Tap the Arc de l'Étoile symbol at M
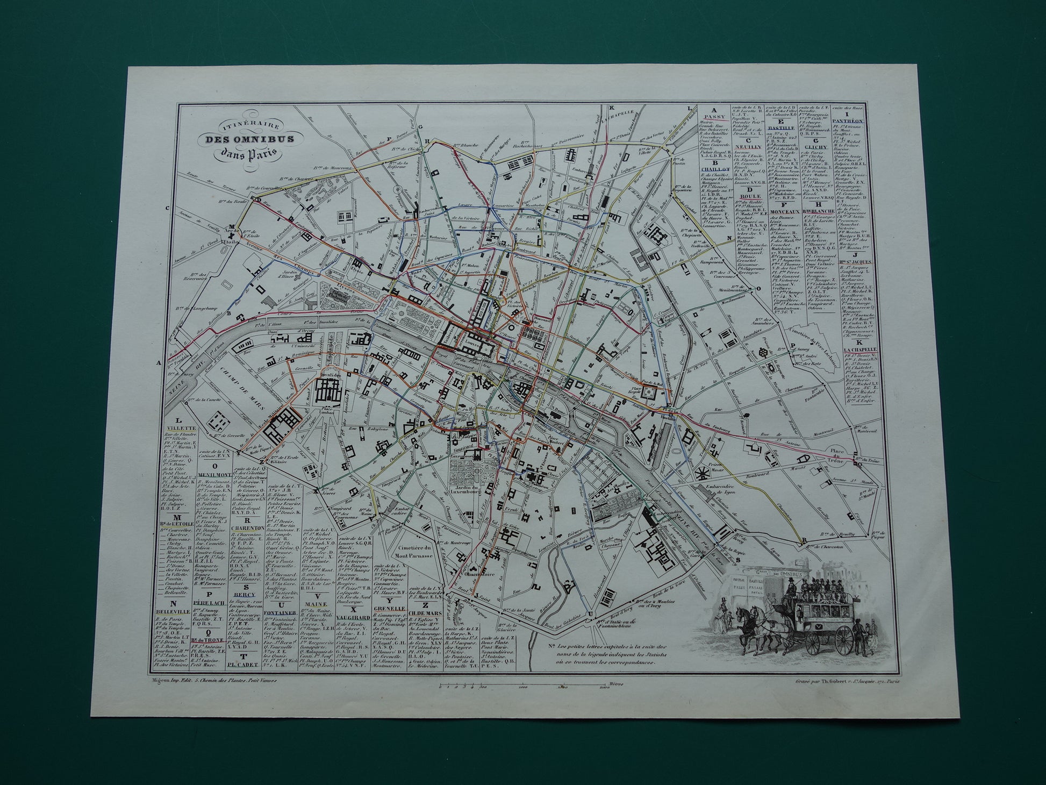click(232, 235)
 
